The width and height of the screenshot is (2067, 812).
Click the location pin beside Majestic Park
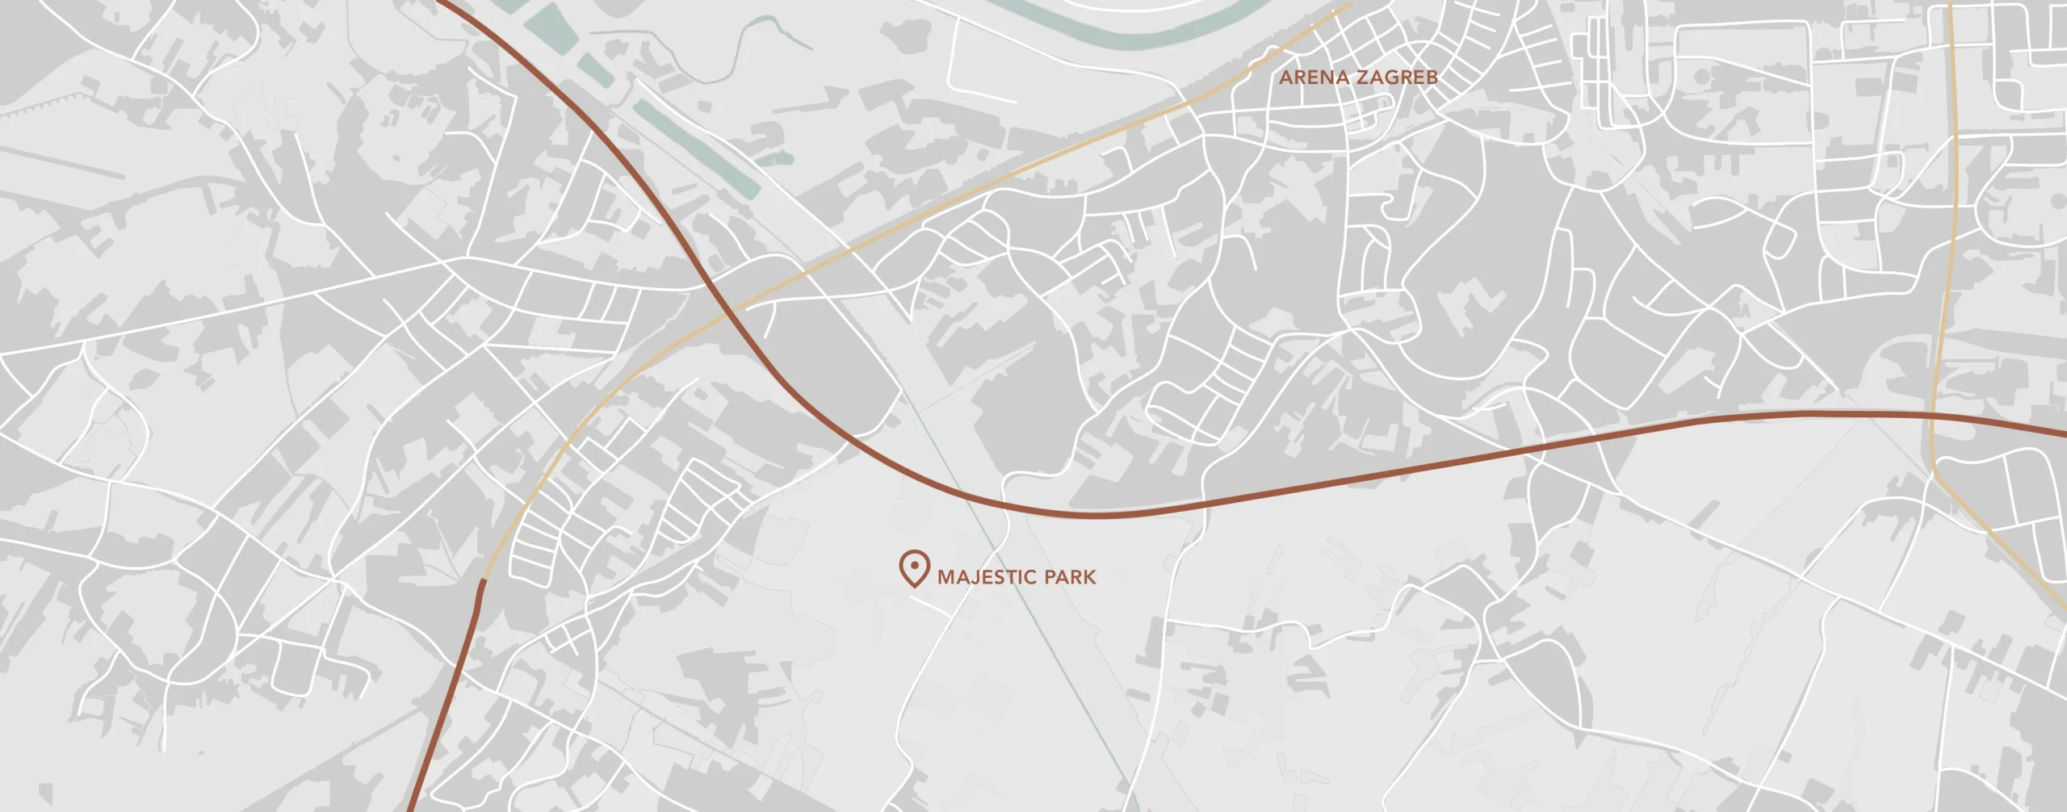coord(914,567)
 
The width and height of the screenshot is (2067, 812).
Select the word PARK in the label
coord(1070,577)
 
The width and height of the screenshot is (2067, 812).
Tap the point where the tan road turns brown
coord(484,579)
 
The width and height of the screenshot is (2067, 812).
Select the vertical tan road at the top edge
coord(1950,4)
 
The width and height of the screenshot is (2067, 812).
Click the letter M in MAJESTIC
coord(946,577)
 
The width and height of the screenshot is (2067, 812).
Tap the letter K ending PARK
coord(1090,577)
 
